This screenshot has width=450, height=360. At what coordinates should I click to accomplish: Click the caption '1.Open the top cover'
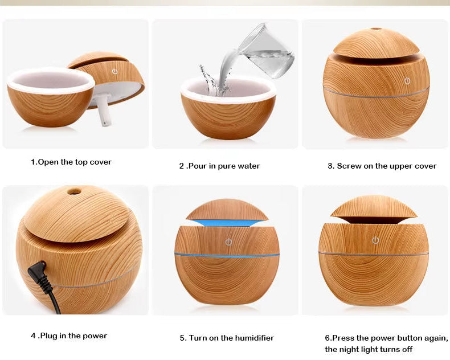point(71,162)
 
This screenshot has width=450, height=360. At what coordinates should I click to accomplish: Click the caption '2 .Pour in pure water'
point(219,166)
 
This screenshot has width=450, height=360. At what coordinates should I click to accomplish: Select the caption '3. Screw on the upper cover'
point(382,166)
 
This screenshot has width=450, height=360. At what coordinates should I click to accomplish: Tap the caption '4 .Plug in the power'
point(69,336)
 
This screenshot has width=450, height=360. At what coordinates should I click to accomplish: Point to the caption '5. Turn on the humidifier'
point(227,338)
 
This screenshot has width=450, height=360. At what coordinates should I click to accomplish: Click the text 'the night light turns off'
point(369,349)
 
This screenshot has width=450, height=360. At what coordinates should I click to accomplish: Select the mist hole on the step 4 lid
point(73,191)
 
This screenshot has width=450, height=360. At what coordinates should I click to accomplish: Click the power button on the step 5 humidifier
point(228,242)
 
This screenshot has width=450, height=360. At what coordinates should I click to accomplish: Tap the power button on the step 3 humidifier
point(407,81)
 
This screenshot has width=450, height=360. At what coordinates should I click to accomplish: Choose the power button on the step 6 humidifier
point(375,240)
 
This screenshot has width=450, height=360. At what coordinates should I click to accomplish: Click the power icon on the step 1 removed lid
point(114,72)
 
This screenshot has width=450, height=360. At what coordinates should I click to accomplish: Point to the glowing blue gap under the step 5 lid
point(227,222)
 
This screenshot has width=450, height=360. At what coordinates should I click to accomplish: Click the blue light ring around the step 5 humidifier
point(227,255)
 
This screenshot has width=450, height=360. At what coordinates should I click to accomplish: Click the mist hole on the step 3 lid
point(376,28)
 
